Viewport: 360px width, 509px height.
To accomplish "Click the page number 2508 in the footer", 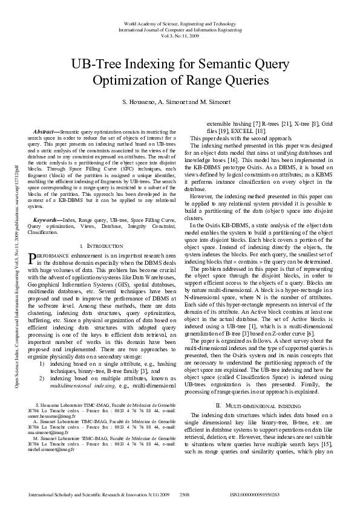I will [x=185, y=494].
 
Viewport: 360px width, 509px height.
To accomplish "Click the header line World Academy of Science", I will [x=180, y=23].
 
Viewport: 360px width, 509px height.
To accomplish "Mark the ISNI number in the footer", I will [x=255, y=494].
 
